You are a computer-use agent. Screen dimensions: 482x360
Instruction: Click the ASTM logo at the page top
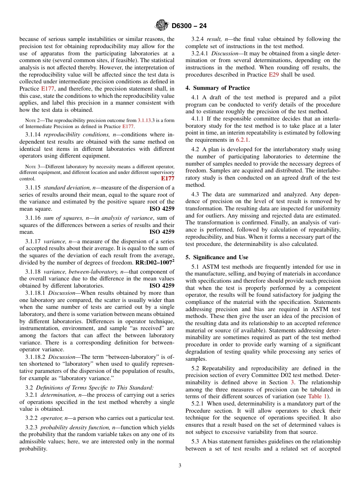(x=162, y=26)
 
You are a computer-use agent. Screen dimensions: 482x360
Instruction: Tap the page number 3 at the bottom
(x=180, y=466)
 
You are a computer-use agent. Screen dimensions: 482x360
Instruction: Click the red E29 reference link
(x=273, y=75)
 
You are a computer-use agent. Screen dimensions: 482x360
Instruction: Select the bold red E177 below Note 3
(x=167, y=178)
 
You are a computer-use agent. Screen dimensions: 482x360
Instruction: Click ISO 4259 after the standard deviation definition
(x=162, y=209)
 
